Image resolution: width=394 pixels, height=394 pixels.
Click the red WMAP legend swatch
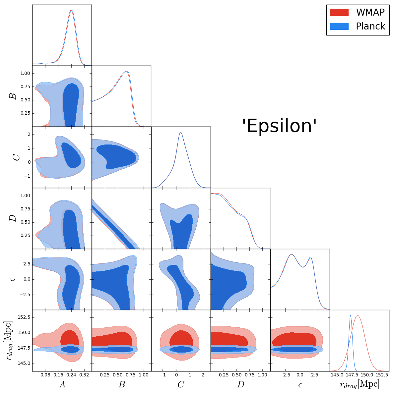tap(339, 13)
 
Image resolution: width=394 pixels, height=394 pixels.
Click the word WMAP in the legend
tap(370, 13)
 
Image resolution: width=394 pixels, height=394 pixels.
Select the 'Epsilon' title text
tap(279, 126)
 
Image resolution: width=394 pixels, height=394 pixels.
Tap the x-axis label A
tap(62, 384)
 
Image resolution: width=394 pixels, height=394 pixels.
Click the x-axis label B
tap(122, 384)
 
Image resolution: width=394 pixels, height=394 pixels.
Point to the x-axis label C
tap(181, 384)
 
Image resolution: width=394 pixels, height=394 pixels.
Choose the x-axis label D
tap(240, 384)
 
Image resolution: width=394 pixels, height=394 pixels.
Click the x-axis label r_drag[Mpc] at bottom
tap(360, 384)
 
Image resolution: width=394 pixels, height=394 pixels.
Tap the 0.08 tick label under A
tap(45, 375)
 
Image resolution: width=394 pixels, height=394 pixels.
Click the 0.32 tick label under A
tap(84, 375)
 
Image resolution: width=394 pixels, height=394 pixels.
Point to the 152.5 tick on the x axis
tap(382, 375)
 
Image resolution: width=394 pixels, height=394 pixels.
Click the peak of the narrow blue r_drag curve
tap(351, 315)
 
